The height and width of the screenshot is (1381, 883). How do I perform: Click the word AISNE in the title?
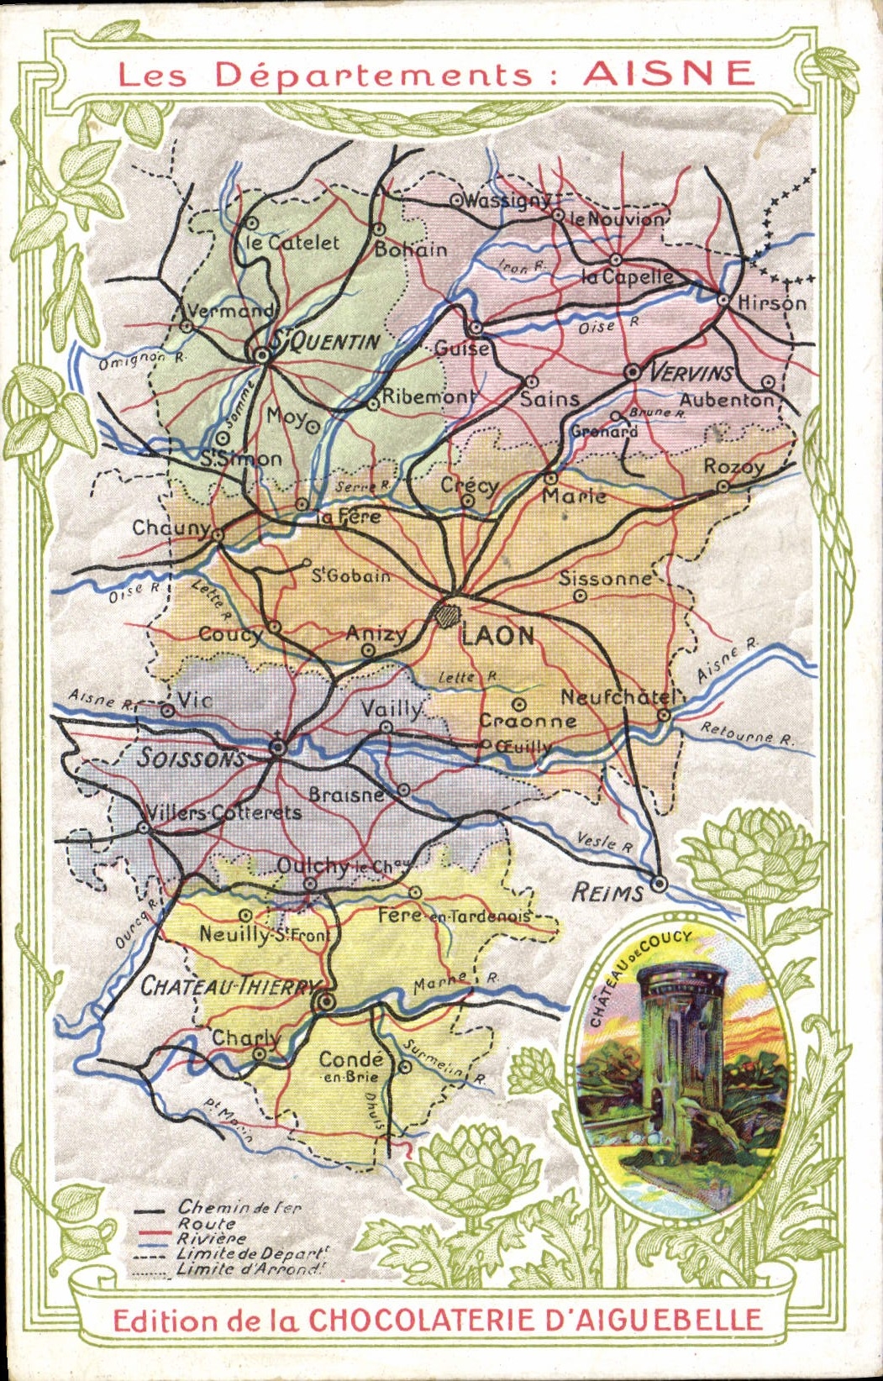point(669,73)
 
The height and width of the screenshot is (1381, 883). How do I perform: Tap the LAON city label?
point(497,636)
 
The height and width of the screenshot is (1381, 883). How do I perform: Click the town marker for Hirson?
point(723,299)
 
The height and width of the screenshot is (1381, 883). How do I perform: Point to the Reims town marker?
point(660,884)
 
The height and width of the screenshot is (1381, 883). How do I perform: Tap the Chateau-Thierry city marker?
point(326,1001)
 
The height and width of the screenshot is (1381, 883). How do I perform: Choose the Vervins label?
point(691,373)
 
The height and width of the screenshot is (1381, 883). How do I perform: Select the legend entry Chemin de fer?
point(239,1208)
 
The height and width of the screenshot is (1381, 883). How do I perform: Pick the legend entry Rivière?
point(212,1238)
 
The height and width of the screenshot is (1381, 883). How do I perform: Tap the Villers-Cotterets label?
point(223,812)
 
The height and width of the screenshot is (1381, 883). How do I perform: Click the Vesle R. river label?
point(605,843)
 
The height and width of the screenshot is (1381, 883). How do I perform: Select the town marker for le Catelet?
point(252,223)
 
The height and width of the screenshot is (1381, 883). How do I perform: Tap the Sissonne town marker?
point(580,596)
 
